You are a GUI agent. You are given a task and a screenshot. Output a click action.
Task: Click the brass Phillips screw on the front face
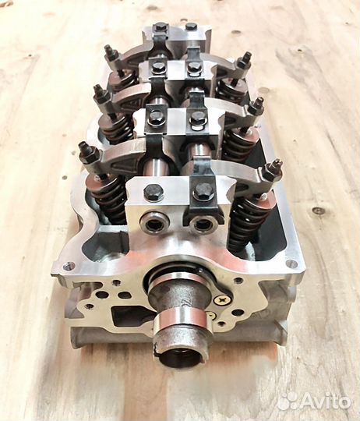(x=223, y=299)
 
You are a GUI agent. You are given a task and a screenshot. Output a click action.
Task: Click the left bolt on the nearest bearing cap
(x=154, y=192)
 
